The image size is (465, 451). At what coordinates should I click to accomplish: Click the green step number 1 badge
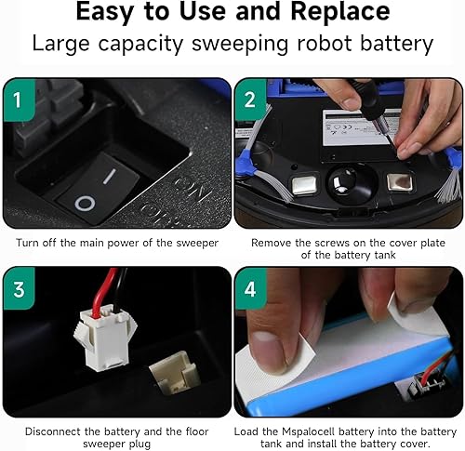tap(19, 99)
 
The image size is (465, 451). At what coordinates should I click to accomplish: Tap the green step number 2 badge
tap(250, 99)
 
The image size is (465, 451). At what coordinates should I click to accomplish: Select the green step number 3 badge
tap(19, 289)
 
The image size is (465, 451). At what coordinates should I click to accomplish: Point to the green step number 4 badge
tap(250, 289)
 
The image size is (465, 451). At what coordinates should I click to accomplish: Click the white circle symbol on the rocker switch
tap(85, 204)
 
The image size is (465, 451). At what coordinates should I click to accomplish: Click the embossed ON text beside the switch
tap(190, 189)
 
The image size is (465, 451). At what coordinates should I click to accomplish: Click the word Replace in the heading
tap(340, 12)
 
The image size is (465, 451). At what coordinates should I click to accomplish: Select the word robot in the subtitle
tap(325, 43)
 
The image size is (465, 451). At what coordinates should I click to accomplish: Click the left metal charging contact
tap(305, 184)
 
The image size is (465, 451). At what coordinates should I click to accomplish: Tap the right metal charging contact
tap(399, 182)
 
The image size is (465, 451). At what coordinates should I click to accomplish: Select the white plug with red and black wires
tap(104, 336)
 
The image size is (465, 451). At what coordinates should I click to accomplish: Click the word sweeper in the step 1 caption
tap(197, 244)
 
